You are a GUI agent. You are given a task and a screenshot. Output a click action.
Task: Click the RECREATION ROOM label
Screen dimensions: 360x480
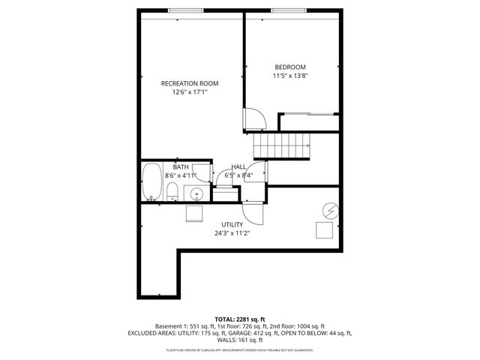(190, 83)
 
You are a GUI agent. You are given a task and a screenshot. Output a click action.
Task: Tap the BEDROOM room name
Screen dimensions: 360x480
(290, 67)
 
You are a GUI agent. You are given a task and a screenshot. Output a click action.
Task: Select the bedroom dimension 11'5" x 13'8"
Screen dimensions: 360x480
(290, 76)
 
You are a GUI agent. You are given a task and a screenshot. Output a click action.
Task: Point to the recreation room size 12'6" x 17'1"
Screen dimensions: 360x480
(190, 92)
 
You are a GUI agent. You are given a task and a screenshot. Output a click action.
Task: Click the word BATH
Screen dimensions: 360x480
(181, 166)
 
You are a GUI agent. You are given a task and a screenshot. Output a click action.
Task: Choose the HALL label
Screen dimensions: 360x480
(238, 166)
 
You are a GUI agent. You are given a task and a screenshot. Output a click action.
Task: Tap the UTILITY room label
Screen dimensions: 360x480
(232, 224)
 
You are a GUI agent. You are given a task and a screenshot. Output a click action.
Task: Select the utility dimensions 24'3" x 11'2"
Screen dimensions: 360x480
(232, 233)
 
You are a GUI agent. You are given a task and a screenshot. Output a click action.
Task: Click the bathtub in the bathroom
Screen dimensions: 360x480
(152, 182)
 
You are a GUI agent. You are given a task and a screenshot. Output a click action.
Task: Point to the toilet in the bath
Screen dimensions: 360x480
(172, 192)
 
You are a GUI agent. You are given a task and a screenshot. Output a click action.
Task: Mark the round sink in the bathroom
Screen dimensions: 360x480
(196, 194)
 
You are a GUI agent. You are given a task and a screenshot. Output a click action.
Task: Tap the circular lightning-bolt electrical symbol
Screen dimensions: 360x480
(328, 209)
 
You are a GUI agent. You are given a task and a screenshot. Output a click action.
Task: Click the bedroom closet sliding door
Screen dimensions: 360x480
(307, 114)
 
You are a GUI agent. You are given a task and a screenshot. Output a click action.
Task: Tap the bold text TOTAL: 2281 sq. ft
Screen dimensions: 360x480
(239, 319)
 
